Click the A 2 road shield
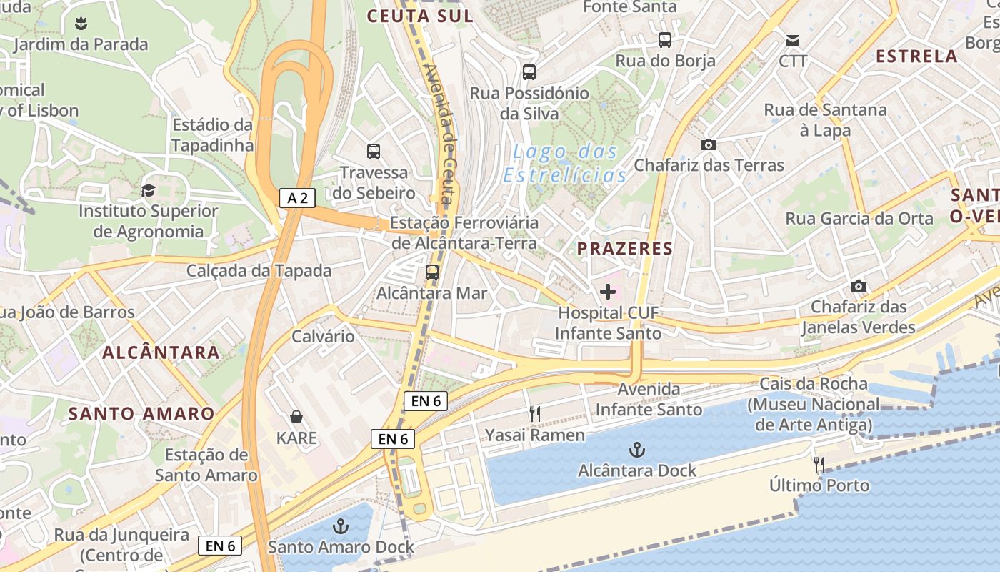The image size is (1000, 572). [x=297, y=198]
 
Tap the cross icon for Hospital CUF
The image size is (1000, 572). [x=608, y=292]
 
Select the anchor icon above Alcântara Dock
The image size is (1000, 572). [x=636, y=450]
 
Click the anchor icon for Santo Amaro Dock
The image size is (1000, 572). [x=341, y=527]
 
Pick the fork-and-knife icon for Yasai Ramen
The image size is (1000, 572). [x=534, y=414]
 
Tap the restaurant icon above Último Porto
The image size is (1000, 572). [x=819, y=465]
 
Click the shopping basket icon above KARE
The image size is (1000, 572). [x=296, y=417]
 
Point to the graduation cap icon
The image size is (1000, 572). [x=148, y=190]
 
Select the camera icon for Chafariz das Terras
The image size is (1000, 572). [x=709, y=144]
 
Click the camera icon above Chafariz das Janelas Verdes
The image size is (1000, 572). [x=858, y=286]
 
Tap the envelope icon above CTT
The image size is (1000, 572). [x=793, y=40]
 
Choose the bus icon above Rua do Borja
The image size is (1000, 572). [x=665, y=40]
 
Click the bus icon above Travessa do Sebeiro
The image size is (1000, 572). [x=374, y=152]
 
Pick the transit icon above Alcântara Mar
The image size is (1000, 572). [x=431, y=272]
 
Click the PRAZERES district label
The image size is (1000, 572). [x=625, y=249]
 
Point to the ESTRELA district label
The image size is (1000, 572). [x=916, y=56]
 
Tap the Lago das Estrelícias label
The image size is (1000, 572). [x=565, y=163]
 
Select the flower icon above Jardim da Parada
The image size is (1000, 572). [x=81, y=24]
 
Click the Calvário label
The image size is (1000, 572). [x=323, y=336]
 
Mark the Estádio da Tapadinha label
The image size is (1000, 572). [x=213, y=135]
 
